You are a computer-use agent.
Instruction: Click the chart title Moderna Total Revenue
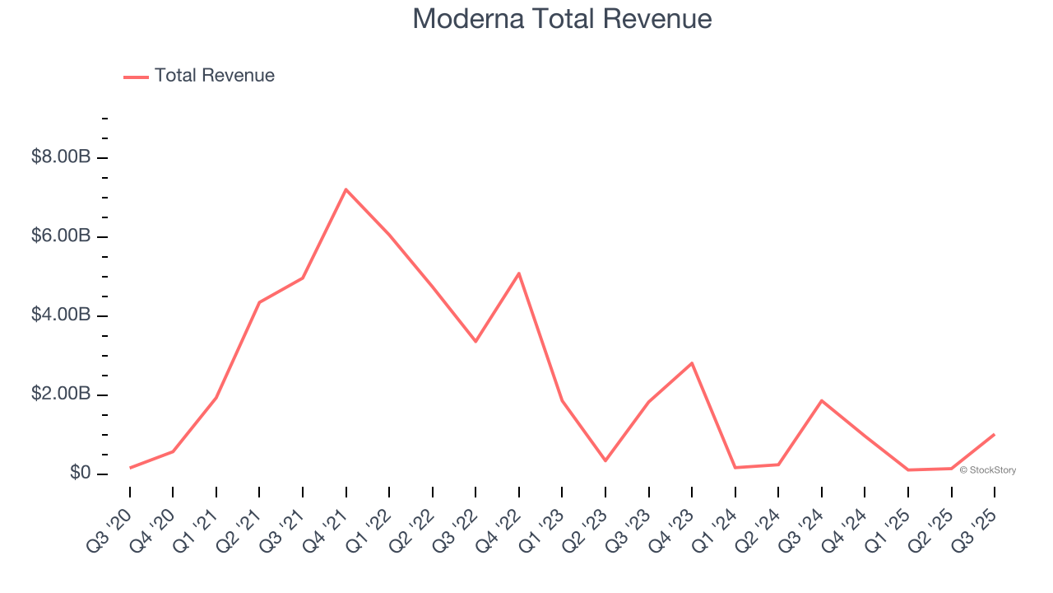click(x=562, y=18)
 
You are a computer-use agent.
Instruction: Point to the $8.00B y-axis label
click(x=61, y=156)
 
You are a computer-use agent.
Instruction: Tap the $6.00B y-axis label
click(x=61, y=236)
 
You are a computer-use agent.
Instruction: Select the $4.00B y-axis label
click(x=61, y=315)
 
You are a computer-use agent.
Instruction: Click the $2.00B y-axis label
click(x=61, y=394)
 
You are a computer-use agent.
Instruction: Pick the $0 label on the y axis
click(x=81, y=473)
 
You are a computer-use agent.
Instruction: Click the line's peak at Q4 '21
click(x=346, y=189)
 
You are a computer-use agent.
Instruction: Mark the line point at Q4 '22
click(x=519, y=273)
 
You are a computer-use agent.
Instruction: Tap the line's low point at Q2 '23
click(x=605, y=460)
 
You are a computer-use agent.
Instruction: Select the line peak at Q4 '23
click(x=692, y=363)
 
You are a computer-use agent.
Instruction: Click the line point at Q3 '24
click(x=822, y=400)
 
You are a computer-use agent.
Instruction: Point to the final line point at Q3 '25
click(x=995, y=434)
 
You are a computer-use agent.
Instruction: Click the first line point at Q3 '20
click(x=130, y=468)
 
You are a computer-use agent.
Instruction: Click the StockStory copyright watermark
click(x=988, y=470)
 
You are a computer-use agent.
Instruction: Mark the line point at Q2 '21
click(x=259, y=302)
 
